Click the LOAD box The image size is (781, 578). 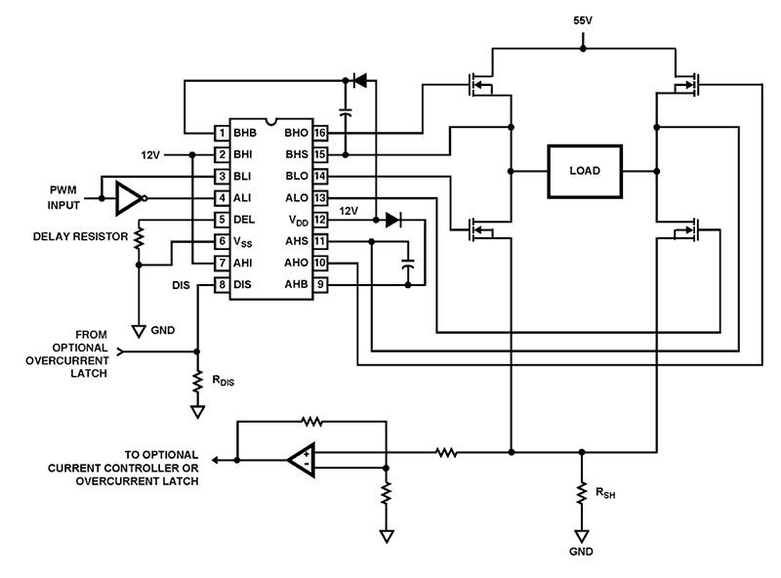[x=586, y=170]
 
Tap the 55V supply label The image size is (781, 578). [x=583, y=21]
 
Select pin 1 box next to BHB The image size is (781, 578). [x=222, y=133]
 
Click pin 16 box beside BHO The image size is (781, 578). [x=319, y=133]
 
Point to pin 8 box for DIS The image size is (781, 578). [x=222, y=284]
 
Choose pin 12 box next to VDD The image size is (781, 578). [x=319, y=220]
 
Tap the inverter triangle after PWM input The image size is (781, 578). [x=128, y=197]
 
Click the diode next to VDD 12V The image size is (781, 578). [x=392, y=220]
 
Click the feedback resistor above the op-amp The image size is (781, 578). [x=310, y=422]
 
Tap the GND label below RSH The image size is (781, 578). [x=583, y=551]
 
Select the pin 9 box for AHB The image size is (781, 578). [x=319, y=284]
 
